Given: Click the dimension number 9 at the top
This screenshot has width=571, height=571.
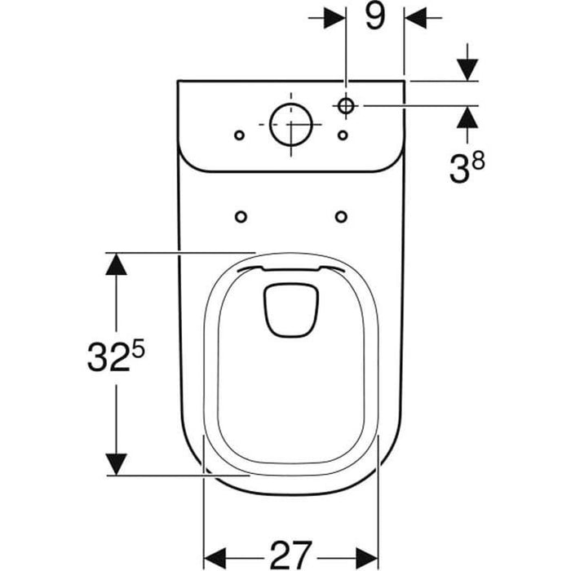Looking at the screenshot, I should [x=374, y=16].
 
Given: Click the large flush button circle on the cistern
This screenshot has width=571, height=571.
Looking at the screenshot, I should [x=291, y=126].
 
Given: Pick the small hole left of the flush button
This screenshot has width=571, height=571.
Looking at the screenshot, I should [x=238, y=134].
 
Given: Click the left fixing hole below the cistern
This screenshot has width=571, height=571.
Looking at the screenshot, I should [x=241, y=216].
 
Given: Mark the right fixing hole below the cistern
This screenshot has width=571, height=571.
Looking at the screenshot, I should [x=341, y=216].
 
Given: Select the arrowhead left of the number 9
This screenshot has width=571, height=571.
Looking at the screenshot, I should [x=334, y=16].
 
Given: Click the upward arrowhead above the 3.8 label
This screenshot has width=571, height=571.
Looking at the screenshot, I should [x=466, y=118].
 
